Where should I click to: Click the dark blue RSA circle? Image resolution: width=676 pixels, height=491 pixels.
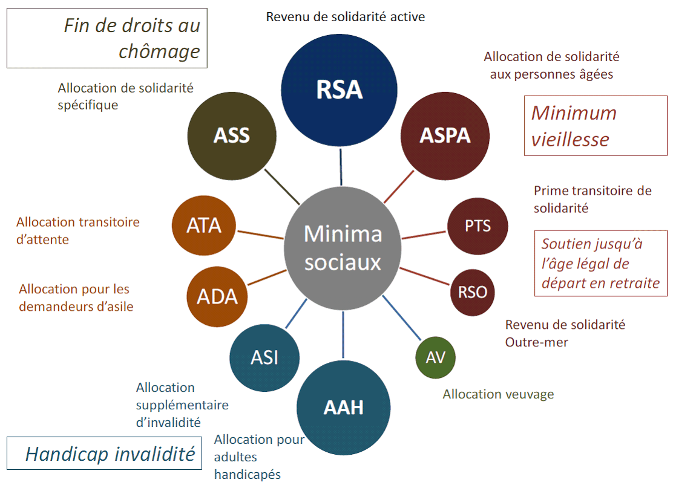tap(340, 89)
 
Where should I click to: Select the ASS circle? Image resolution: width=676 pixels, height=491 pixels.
tap(231, 135)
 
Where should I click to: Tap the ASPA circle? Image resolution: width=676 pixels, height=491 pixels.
tap(445, 135)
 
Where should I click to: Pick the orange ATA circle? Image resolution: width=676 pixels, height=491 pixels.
tap(203, 226)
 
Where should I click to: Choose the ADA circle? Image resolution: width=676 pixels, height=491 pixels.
tap(217, 297)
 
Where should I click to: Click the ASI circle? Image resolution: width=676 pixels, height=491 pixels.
tap(264, 357)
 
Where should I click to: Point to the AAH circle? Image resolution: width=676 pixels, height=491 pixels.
tap(343, 407)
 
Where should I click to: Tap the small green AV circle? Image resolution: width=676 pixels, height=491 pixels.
tap(435, 357)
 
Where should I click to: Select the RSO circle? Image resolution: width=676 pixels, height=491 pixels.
tap(472, 293)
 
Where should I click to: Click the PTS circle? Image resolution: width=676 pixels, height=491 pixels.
tap(477, 226)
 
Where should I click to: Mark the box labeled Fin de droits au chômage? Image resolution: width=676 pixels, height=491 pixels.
tap(107, 37)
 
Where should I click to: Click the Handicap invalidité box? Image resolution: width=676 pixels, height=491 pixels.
tap(103, 453)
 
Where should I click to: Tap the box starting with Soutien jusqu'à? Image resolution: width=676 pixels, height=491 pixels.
tap(600, 263)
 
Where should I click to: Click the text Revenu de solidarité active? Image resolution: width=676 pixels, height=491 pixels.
tap(346, 17)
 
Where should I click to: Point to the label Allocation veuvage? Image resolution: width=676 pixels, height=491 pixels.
tap(498, 394)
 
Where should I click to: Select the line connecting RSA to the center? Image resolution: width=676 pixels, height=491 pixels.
tap(341, 167)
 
